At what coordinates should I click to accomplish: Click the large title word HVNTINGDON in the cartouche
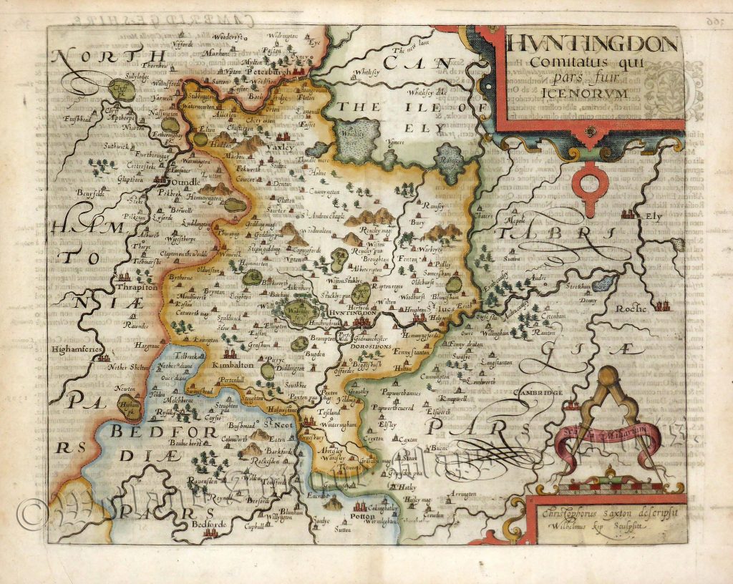tap(593, 45)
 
